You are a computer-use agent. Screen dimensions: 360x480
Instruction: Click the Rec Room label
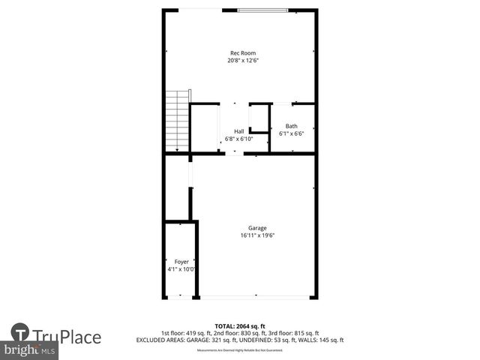242,52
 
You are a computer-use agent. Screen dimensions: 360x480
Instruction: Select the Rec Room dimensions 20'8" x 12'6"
242,60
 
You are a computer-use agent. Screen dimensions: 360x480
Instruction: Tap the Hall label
238,130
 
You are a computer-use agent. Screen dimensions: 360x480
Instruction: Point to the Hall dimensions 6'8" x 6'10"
238,139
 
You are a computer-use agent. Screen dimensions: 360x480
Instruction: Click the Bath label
291,126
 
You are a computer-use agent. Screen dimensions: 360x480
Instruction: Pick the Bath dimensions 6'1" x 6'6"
291,134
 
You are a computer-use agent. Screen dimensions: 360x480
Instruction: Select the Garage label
258,228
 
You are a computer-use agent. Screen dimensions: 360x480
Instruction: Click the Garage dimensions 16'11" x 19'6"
258,235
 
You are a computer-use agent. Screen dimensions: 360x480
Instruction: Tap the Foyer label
181,262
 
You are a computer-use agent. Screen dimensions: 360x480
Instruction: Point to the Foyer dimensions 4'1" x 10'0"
181,269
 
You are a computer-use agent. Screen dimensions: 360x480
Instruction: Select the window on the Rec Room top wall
268,10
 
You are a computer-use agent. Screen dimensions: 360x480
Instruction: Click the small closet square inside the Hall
259,118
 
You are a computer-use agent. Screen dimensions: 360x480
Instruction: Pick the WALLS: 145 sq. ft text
319,340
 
